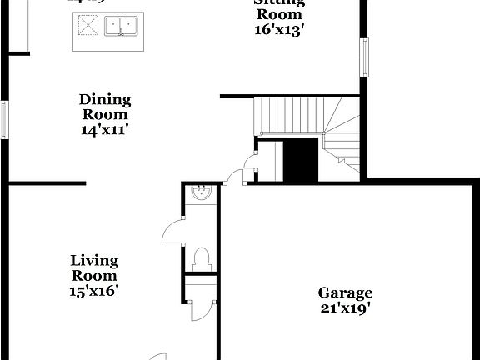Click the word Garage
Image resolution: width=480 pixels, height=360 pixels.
pos(345,292)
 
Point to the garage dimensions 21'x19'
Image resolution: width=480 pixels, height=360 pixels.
pos(345,307)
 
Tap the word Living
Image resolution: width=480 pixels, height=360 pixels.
pos(93,261)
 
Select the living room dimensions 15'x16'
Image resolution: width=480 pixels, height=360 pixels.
pos(93,291)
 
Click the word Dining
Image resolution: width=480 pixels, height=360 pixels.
pos(105,100)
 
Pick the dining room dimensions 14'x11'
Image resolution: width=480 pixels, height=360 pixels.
pos(105,130)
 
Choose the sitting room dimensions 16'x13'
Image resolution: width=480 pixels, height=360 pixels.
pos(279,29)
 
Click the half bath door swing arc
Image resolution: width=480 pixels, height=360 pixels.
pos(173,229)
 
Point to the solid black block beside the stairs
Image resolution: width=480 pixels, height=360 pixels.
pos(302,158)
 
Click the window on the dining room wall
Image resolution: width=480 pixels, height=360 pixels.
pos(5,119)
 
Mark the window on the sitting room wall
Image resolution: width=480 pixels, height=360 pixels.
pos(364,57)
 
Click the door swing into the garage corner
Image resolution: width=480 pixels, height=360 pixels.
pos(236,175)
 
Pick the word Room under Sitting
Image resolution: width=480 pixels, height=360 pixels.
pos(279,14)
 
